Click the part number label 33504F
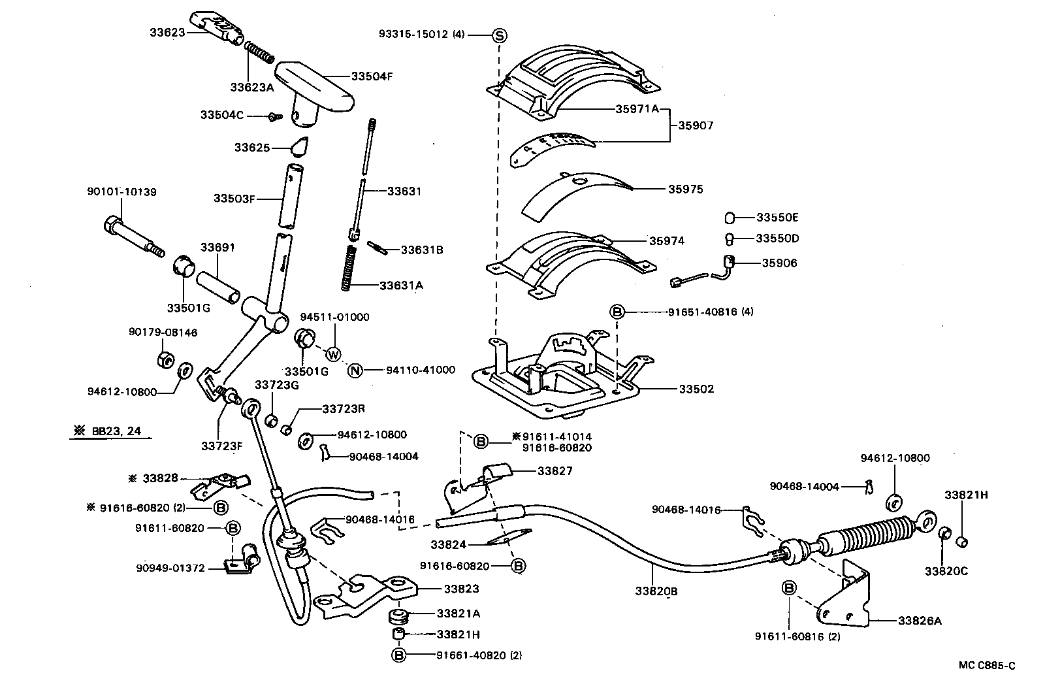pyautogui.click(x=372, y=76)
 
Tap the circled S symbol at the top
pyautogui.click(x=498, y=35)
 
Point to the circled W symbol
pyautogui.click(x=334, y=354)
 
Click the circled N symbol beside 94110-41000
pyautogui.click(x=355, y=370)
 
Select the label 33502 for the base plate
pyautogui.click(x=696, y=389)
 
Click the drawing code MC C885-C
pyautogui.click(x=987, y=666)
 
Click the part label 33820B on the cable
pyautogui.click(x=656, y=591)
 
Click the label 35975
pyautogui.click(x=685, y=189)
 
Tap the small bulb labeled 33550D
pyautogui.click(x=730, y=238)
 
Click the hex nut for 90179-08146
pyautogui.click(x=165, y=359)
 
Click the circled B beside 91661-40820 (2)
pyautogui.click(x=398, y=655)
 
